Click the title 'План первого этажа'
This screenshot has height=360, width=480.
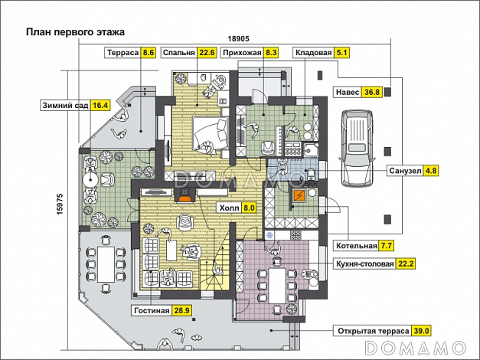75,32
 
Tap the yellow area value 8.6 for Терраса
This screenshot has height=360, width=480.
149,53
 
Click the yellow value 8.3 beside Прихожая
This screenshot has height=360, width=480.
272,53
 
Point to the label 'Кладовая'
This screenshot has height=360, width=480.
312,53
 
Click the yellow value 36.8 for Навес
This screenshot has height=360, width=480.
373,92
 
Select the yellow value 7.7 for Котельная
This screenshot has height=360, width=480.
387,246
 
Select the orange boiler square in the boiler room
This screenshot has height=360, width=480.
302,195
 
